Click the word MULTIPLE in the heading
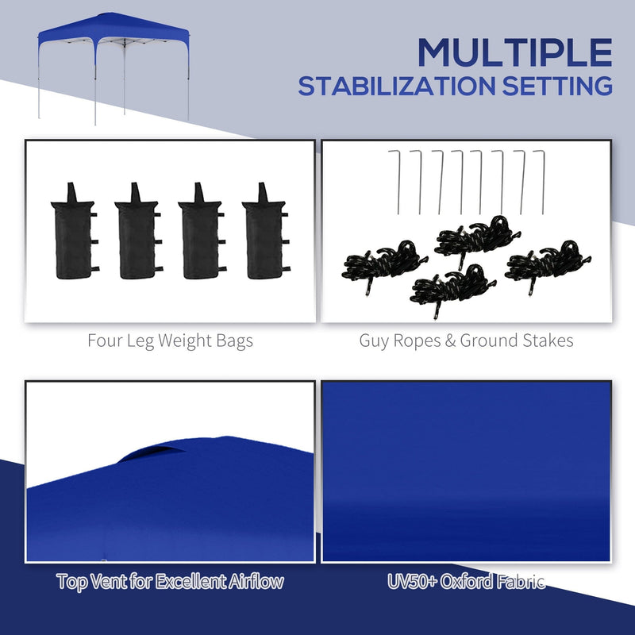[x=515, y=52]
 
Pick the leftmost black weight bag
[x=71, y=232]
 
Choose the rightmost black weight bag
[x=264, y=232]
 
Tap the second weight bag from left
[x=137, y=232]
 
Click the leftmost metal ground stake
[x=398, y=181]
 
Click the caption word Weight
[x=178, y=341]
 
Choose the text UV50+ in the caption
[x=405, y=581]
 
